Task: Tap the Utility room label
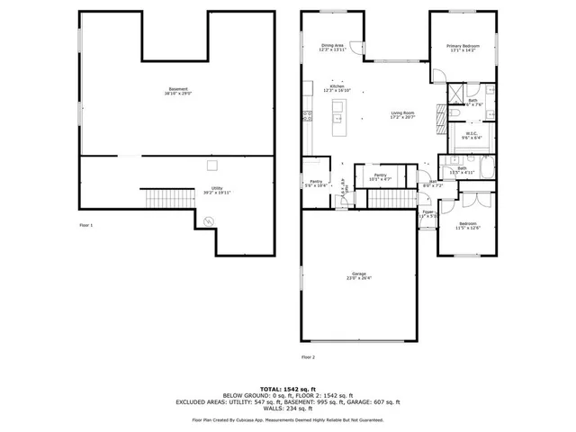[x=216, y=190]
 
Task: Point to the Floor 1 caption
[x=86, y=224]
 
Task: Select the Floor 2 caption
[x=308, y=357]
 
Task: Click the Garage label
[x=358, y=275]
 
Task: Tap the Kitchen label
[x=337, y=88]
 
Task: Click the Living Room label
[x=401, y=114]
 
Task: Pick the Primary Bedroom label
[x=465, y=48]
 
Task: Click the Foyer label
[x=428, y=213]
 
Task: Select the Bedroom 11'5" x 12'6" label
[x=468, y=225]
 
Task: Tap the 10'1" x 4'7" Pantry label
[x=380, y=177]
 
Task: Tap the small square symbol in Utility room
[x=212, y=165]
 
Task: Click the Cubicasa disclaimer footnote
[x=287, y=420]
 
